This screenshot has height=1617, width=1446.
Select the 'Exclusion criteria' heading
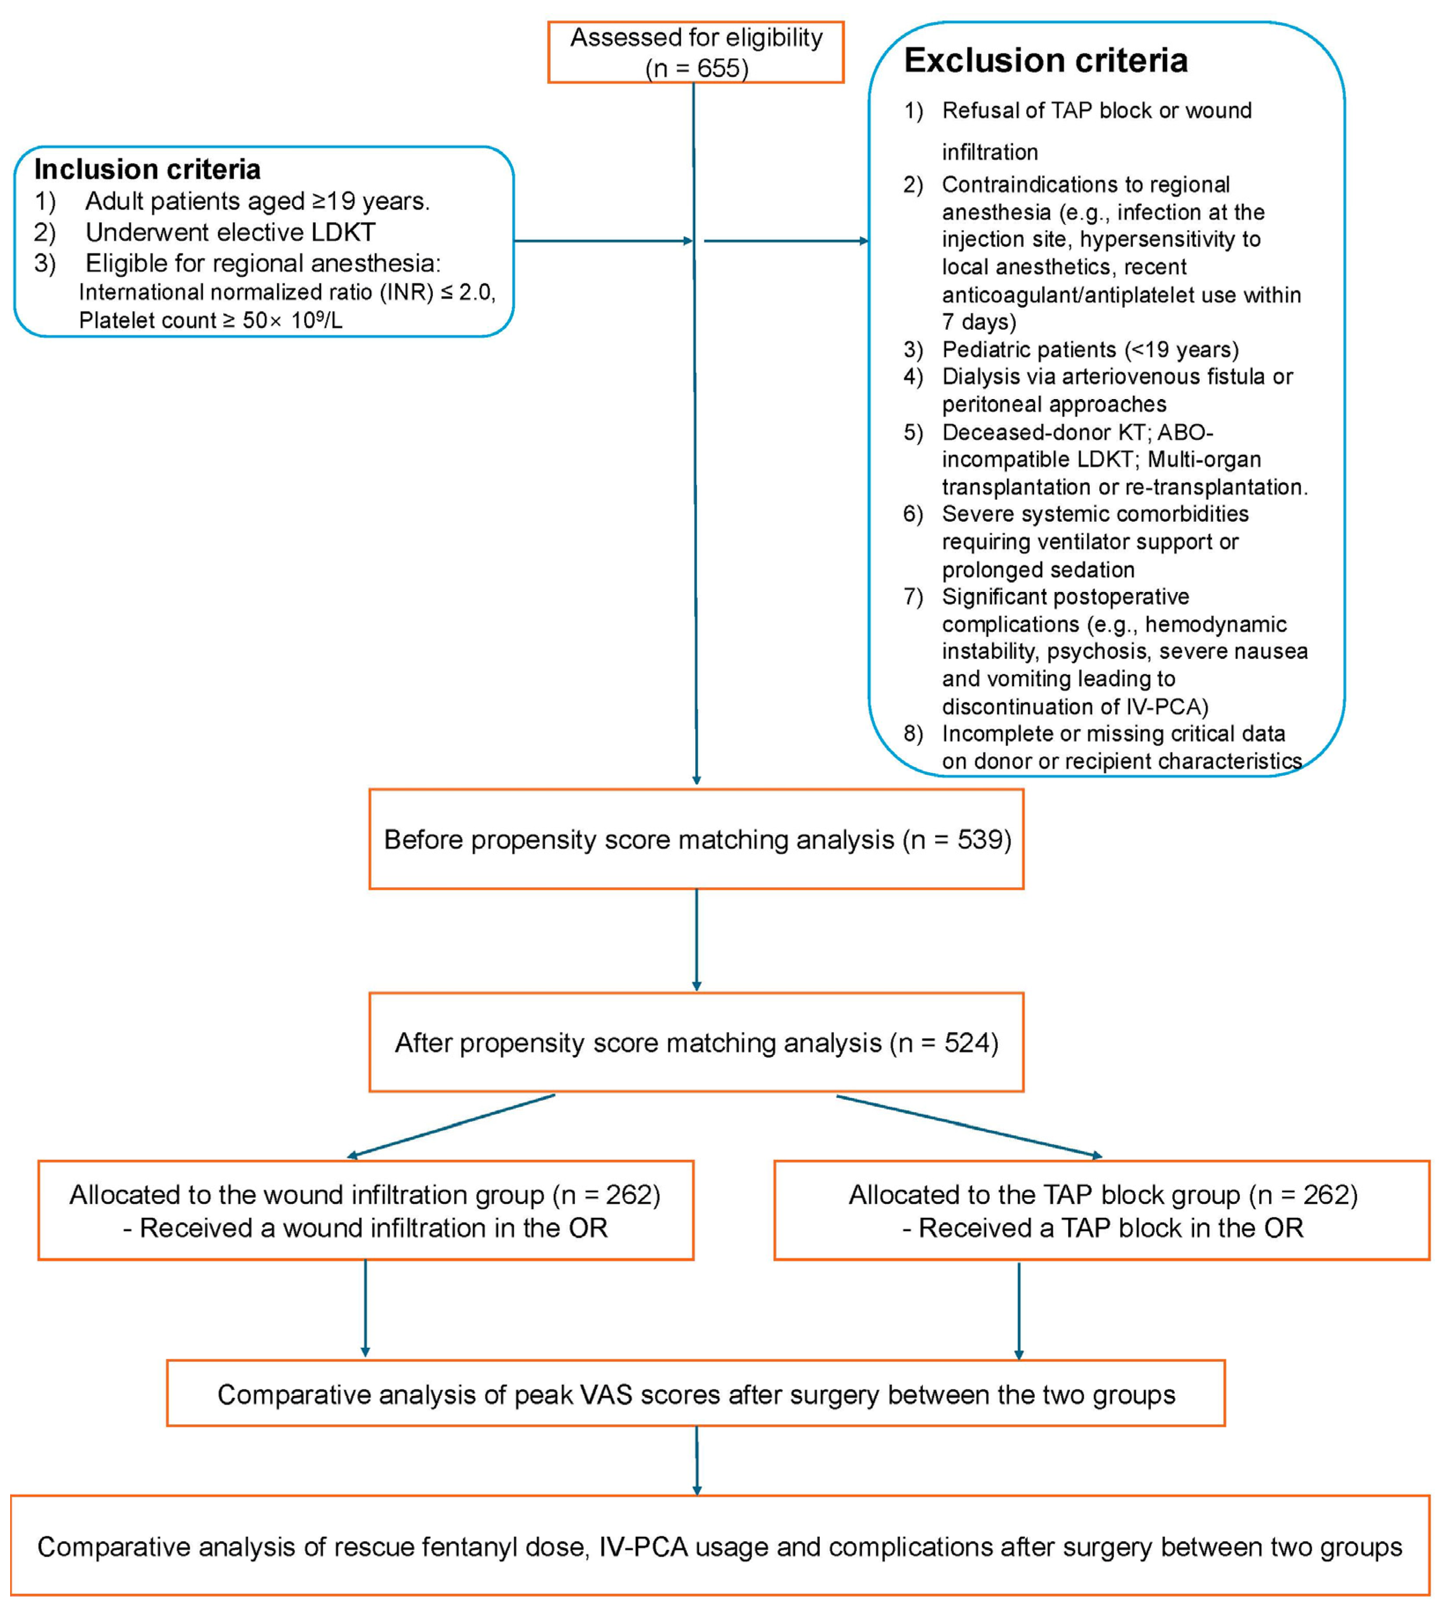coord(1046,61)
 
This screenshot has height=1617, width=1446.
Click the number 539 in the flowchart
coord(983,840)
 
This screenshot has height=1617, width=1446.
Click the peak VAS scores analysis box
coord(696,1395)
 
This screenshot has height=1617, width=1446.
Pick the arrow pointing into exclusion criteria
coord(786,241)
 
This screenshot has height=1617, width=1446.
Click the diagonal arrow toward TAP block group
coord(969,1126)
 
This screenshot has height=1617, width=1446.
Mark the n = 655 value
coord(697,68)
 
